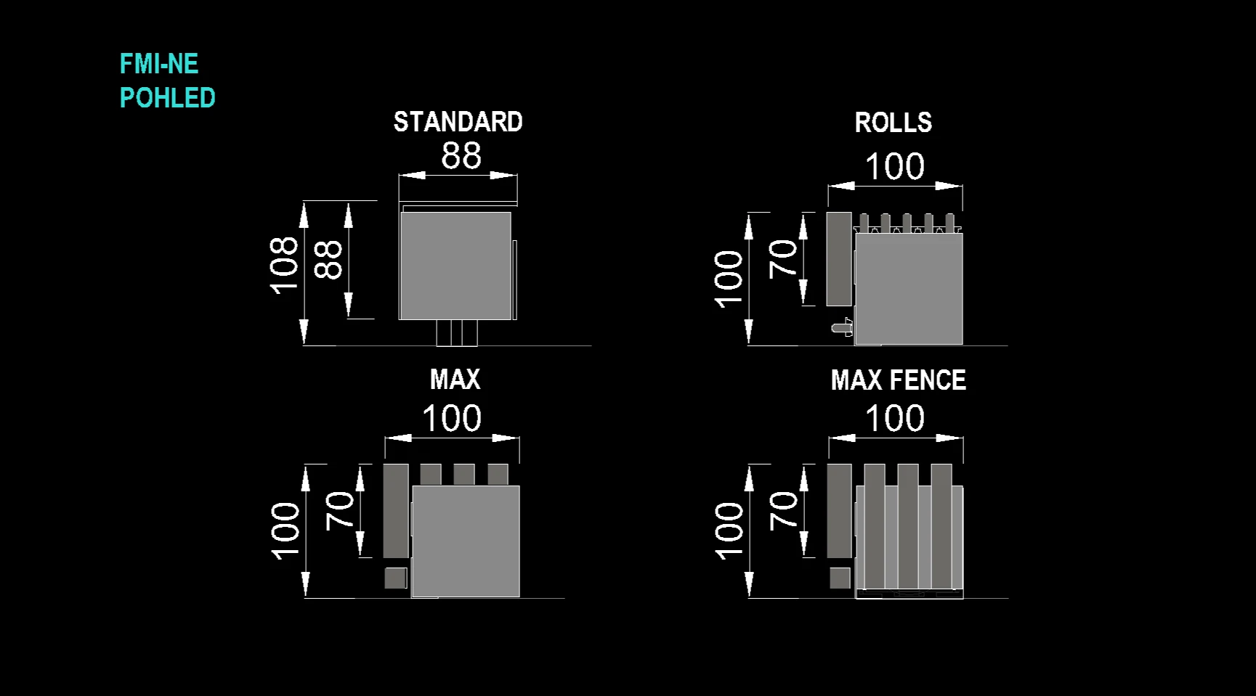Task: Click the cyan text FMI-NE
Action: click(x=159, y=64)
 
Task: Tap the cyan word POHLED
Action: click(x=168, y=98)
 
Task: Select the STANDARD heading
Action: click(x=458, y=122)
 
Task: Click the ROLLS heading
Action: click(x=894, y=123)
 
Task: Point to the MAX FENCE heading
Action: click(x=899, y=380)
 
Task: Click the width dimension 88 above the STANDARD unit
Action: click(x=461, y=155)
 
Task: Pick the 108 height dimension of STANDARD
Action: click(x=284, y=265)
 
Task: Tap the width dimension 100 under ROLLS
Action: click(x=895, y=167)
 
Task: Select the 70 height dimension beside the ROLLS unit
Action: click(x=783, y=258)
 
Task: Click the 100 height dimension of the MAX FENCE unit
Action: click(x=729, y=531)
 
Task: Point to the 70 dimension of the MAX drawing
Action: click(x=339, y=510)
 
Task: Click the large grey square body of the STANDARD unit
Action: click(x=455, y=266)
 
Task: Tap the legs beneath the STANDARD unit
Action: click(x=457, y=332)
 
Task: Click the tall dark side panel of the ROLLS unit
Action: click(x=839, y=259)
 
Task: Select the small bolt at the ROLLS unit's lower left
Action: click(x=843, y=327)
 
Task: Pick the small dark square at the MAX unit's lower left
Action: click(x=396, y=578)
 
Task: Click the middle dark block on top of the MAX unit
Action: click(x=464, y=475)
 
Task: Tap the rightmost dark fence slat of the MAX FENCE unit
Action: click(x=941, y=526)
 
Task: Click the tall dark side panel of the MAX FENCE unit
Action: click(x=839, y=511)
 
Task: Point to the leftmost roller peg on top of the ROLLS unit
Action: click(x=864, y=223)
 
